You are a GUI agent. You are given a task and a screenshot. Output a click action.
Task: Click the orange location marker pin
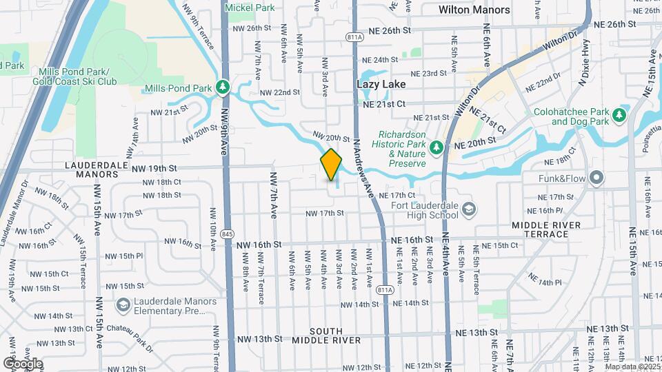[x=331, y=164]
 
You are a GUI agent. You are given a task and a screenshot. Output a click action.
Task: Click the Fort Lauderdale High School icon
[x=469, y=207]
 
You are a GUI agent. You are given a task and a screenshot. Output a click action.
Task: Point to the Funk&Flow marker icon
[x=596, y=178]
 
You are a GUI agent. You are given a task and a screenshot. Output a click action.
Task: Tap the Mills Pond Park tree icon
[x=223, y=87]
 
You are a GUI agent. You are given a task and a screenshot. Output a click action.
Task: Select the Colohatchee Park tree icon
[x=619, y=114]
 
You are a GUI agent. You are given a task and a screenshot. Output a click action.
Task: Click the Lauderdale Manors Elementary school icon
[x=123, y=304]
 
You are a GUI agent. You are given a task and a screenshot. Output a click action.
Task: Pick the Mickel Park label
[x=250, y=8]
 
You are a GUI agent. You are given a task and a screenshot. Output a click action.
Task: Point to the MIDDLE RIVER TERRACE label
[x=545, y=229]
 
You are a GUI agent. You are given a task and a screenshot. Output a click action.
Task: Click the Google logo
[x=23, y=364]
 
